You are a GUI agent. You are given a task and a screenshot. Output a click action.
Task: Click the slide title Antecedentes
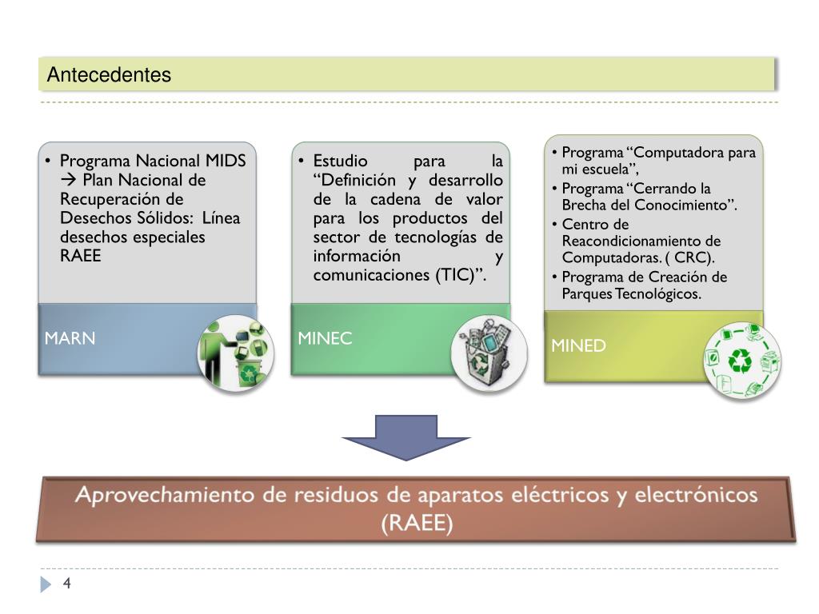[x=109, y=75]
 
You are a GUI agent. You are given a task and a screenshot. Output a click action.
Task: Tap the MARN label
[x=70, y=338]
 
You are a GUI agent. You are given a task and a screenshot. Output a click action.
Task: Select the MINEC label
[x=325, y=338]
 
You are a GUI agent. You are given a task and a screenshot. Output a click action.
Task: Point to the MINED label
[x=578, y=345]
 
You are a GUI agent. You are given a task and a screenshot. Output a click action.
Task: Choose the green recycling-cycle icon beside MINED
[x=742, y=361]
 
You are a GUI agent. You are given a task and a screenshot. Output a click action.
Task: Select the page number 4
[x=67, y=584]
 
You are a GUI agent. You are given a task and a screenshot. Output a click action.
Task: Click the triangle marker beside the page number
[x=46, y=585]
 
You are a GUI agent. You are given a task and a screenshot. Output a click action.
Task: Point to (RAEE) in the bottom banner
[x=417, y=524]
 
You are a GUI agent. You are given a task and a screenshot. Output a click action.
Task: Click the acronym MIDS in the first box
[x=226, y=161]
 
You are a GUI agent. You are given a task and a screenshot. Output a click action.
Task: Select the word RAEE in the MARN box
[x=81, y=257]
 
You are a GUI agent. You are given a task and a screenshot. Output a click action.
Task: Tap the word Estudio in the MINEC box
[x=341, y=161]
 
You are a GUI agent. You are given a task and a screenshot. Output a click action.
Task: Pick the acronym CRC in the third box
[x=693, y=258]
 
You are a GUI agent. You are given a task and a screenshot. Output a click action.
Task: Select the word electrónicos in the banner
[x=696, y=496]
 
